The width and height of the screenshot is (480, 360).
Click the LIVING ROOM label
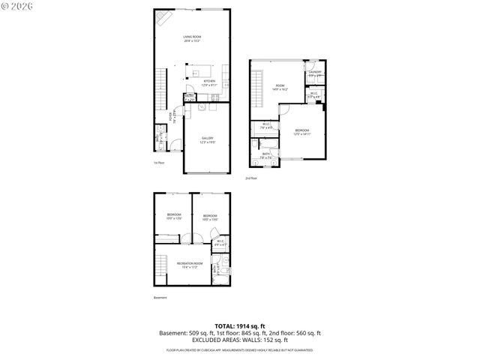click(192, 37)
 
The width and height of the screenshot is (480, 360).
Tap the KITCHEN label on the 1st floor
click(209, 82)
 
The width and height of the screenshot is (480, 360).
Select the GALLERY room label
click(208, 139)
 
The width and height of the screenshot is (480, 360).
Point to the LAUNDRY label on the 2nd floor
click(315, 73)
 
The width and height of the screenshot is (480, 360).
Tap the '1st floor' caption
click(158, 162)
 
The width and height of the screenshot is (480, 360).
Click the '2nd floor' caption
click(250, 178)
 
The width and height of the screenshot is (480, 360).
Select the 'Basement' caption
click(160, 298)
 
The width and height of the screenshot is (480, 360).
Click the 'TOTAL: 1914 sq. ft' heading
click(239, 325)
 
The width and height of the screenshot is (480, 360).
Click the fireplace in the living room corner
click(163, 18)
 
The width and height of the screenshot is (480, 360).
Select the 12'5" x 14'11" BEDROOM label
click(302, 132)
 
